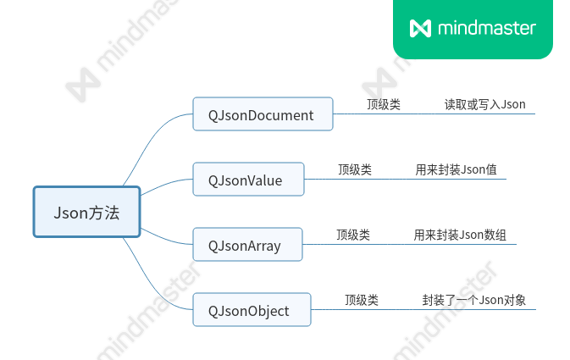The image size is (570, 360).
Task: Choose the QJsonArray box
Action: click(x=247, y=246)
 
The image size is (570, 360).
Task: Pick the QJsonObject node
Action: click(x=252, y=311)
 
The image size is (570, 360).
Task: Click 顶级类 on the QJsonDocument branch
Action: click(x=384, y=105)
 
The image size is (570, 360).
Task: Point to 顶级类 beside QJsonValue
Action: click(x=355, y=169)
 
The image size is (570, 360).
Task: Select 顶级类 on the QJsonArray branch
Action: click(x=353, y=235)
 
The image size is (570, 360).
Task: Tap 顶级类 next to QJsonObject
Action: click(x=362, y=300)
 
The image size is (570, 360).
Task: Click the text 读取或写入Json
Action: click(x=485, y=105)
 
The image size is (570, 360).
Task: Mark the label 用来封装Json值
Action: click(x=456, y=169)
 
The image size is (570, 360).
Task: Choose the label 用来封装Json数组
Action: click(x=460, y=235)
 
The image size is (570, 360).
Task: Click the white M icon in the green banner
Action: click(x=420, y=28)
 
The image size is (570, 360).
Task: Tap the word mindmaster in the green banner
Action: click(x=487, y=28)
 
